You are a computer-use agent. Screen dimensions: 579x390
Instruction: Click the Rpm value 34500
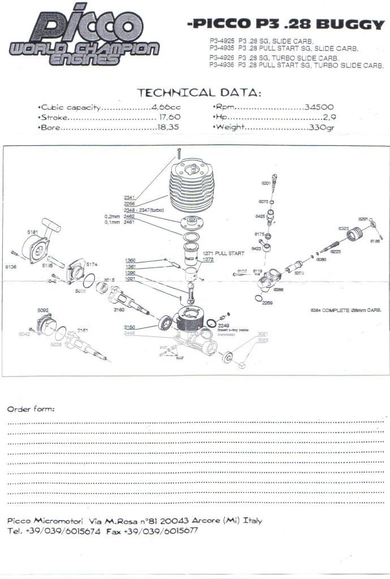click(x=319, y=107)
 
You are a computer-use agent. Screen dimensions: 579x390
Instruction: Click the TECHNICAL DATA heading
click(x=200, y=92)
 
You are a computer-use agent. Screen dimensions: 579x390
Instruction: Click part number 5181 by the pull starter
click(x=32, y=231)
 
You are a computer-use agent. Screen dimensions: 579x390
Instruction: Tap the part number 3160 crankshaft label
click(x=119, y=310)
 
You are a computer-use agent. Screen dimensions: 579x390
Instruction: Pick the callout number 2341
click(x=129, y=197)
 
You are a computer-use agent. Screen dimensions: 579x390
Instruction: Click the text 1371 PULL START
click(x=224, y=254)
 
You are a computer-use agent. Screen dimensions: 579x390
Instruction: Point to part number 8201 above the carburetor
click(x=266, y=184)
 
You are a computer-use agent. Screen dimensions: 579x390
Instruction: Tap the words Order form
click(x=31, y=409)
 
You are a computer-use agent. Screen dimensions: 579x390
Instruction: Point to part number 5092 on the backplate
click(x=43, y=310)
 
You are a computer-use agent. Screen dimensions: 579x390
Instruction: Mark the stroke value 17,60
click(x=169, y=117)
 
